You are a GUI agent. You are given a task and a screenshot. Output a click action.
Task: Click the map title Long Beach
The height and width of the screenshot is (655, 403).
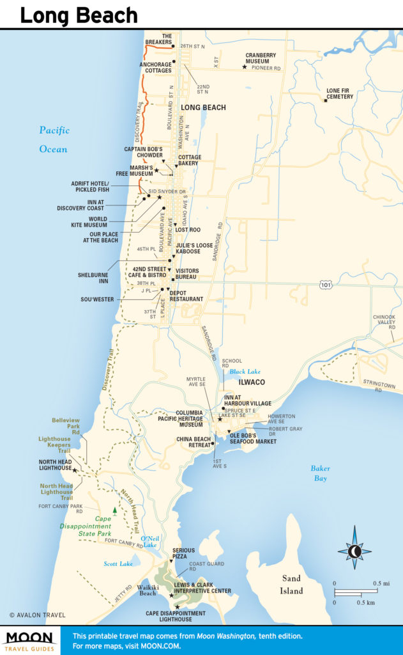coord(79,15)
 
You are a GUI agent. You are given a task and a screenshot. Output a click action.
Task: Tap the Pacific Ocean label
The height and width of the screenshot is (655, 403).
coord(53,139)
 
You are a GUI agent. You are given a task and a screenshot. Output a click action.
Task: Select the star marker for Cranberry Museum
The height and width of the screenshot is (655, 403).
coord(244,67)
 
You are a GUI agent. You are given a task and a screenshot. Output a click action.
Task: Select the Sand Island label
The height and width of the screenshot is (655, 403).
coord(291,585)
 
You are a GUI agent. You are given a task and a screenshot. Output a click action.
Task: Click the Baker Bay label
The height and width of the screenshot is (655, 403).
coord(320,473)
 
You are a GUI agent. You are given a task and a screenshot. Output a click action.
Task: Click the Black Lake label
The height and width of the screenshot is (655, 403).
coord(242,371)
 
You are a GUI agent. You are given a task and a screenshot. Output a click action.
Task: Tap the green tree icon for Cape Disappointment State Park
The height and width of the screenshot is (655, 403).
coord(114,510)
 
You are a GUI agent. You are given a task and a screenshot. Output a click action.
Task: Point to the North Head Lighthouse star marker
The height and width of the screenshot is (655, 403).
coord(75,470)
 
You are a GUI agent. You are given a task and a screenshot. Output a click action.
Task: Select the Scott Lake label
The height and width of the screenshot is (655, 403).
coord(118,564)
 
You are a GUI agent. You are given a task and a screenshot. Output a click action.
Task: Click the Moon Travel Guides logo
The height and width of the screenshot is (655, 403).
coord(31,640)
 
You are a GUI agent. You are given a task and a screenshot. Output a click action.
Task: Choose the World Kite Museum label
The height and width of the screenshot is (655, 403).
coord(89,222)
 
